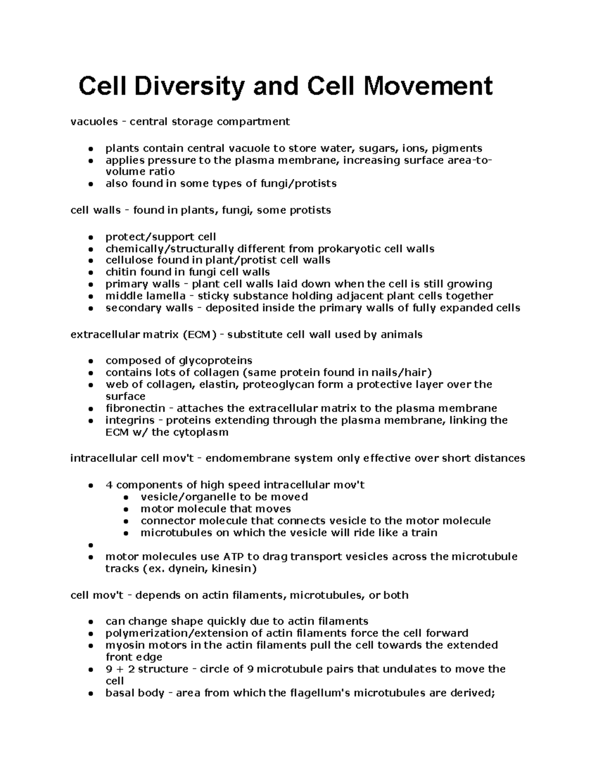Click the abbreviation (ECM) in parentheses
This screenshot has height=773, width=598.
199,334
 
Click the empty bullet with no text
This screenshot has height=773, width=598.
90,545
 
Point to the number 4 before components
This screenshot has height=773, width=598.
109,485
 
